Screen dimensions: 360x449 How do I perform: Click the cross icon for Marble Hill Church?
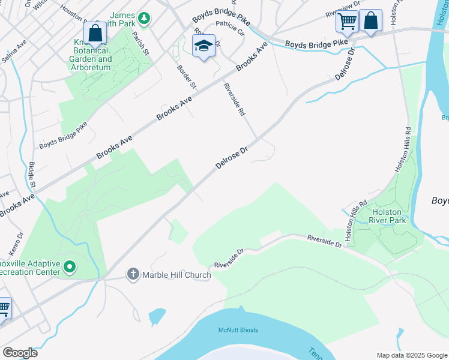click(x=133, y=275)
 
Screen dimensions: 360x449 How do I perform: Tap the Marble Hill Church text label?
click(x=176, y=275)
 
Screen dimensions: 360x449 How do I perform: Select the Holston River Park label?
click(x=389, y=216)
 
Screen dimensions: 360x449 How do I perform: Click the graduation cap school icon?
click(x=203, y=46)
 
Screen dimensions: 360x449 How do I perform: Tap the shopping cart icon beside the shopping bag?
click(x=347, y=21)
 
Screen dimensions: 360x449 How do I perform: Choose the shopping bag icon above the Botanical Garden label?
click(x=95, y=34)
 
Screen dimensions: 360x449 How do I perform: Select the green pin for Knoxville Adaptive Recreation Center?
click(x=70, y=266)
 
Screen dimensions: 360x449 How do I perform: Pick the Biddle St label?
click(x=32, y=174)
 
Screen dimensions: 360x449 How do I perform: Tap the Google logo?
click(x=20, y=353)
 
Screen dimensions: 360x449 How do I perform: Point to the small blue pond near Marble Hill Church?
click(x=157, y=316)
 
